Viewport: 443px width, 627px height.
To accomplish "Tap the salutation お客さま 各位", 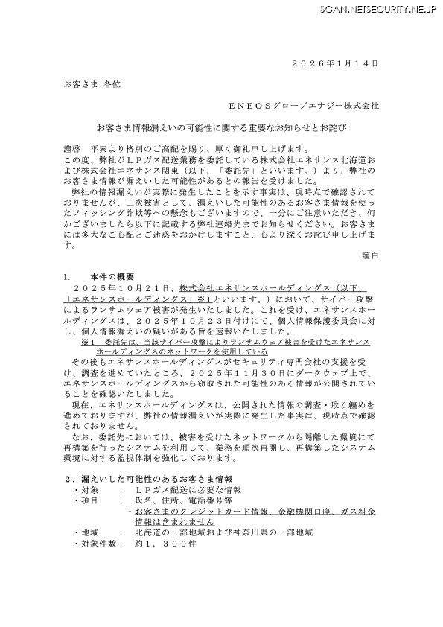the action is pyautogui.click(x=86, y=86).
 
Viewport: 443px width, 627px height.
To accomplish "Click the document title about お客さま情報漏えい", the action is pyautogui.click(x=221, y=128).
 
